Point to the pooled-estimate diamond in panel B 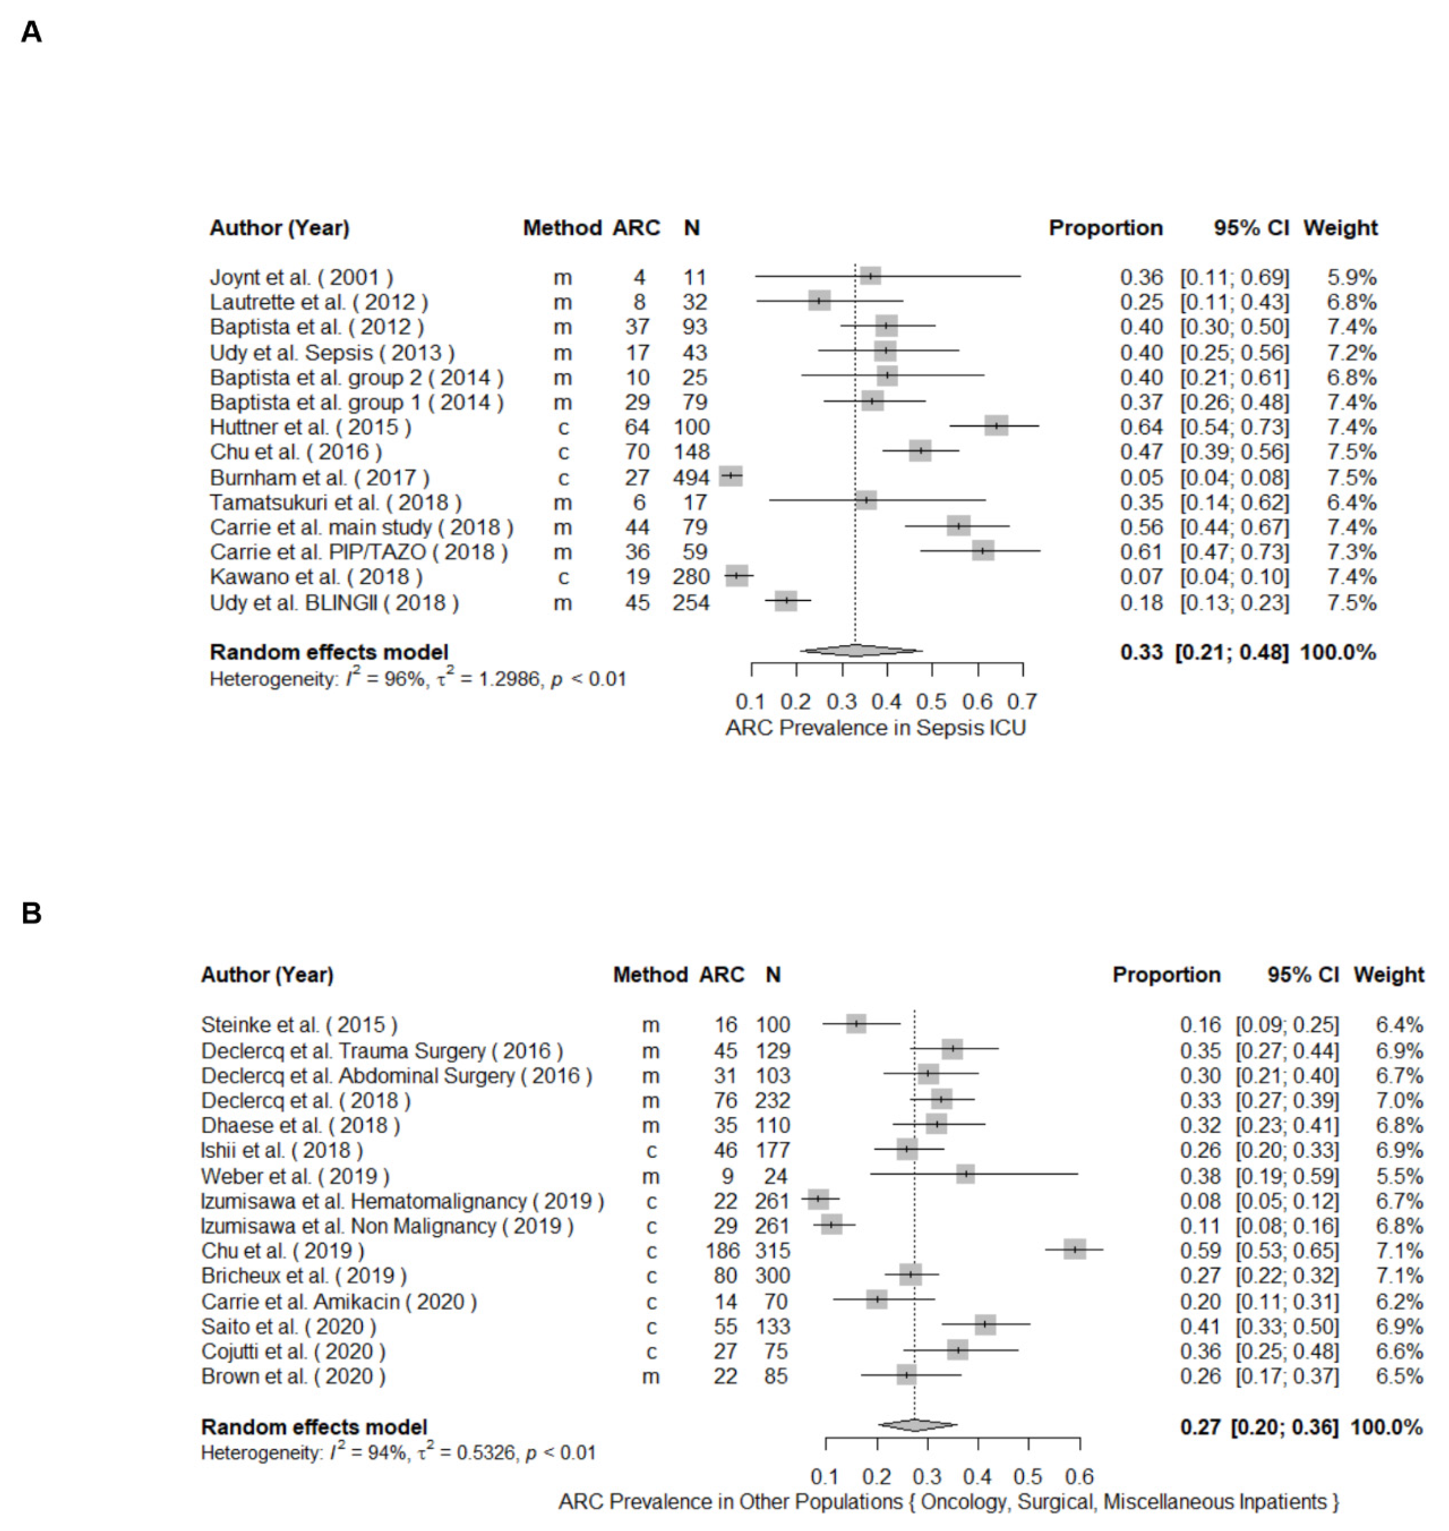click(x=916, y=1425)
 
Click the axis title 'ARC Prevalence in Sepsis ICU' click(x=875, y=728)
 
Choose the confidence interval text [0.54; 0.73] click(x=1234, y=426)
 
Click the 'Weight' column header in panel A click(x=1340, y=228)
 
